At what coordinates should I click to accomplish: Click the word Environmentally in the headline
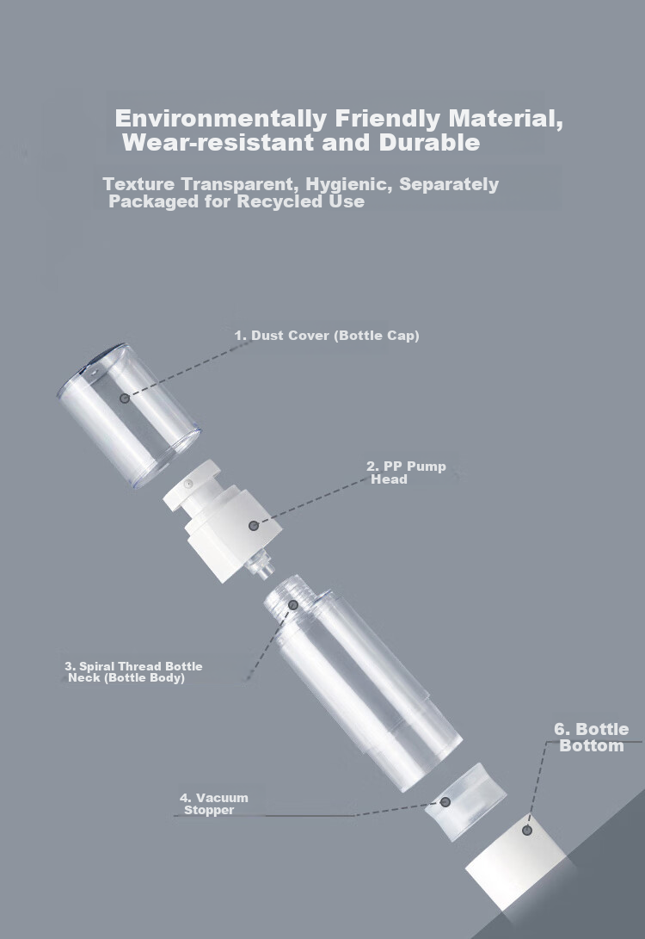(x=221, y=119)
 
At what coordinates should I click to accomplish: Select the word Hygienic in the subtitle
(x=349, y=184)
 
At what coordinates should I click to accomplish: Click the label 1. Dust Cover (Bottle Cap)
(x=327, y=336)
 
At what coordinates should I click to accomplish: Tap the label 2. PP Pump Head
(x=406, y=473)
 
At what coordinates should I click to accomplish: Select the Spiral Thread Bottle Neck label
(x=133, y=672)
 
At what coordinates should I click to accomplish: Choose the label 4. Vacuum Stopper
(x=213, y=804)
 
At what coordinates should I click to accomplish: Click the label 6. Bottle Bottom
(x=591, y=738)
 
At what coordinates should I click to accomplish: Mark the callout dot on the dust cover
(x=125, y=398)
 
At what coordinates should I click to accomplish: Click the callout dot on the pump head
(x=254, y=525)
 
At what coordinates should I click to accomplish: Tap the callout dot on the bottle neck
(x=293, y=605)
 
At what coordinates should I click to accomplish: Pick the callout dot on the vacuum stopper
(x=445, y=802)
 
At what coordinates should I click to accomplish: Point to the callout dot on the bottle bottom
(x=527, y=830)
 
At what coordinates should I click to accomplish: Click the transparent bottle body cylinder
(x=363, y=683)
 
